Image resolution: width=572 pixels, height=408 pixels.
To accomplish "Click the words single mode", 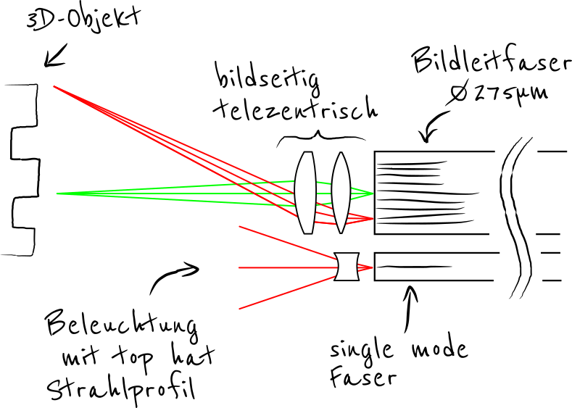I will pos(398,351).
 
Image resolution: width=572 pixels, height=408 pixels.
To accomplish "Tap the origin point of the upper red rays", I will pos(54,86).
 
